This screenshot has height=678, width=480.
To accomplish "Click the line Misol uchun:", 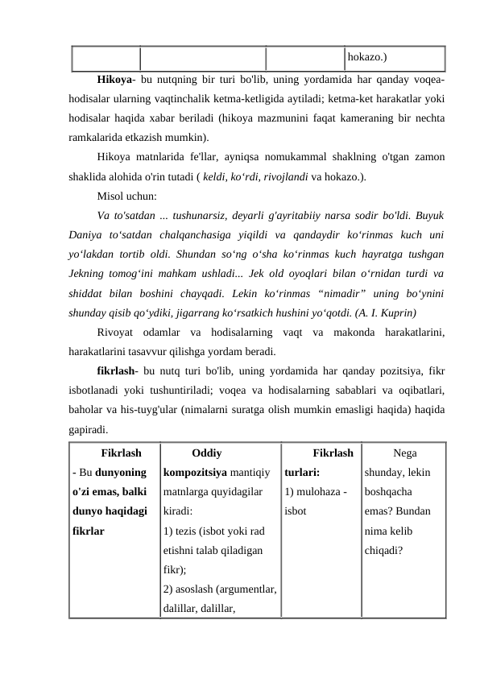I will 126,196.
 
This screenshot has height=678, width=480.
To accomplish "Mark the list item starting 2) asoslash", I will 220,589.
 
